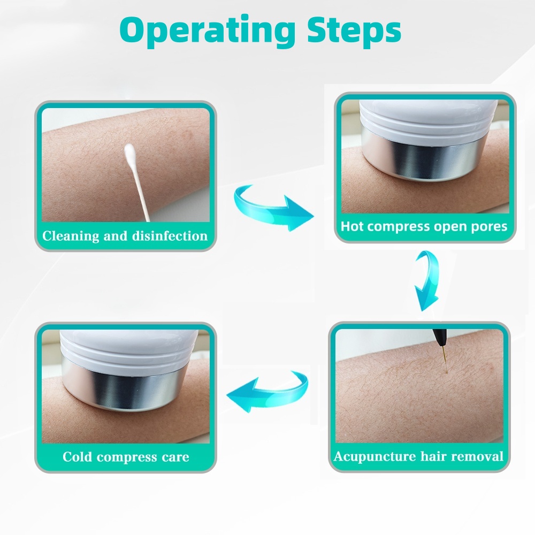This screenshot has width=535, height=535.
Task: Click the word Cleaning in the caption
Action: click(x=71, y=236)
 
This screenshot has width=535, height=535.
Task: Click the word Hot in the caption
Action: click(x=352, y=226)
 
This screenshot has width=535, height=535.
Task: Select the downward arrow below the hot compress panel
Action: click(x=426, y=281)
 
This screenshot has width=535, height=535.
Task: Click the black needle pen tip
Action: click(x=438, y=335)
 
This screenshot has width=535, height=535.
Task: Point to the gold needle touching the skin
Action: click(x=445, y=356)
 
